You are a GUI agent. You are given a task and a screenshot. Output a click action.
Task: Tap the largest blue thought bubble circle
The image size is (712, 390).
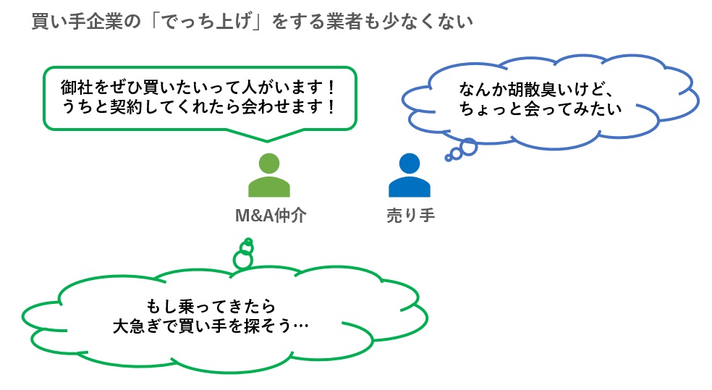pyautogui.click(x=469, y=147)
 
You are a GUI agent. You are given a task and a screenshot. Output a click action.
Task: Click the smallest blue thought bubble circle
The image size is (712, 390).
pyautogui.click(x=449, y=157)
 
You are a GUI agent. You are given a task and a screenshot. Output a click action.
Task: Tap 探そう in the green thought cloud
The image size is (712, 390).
pyautogui.click(x=274, y=326)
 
